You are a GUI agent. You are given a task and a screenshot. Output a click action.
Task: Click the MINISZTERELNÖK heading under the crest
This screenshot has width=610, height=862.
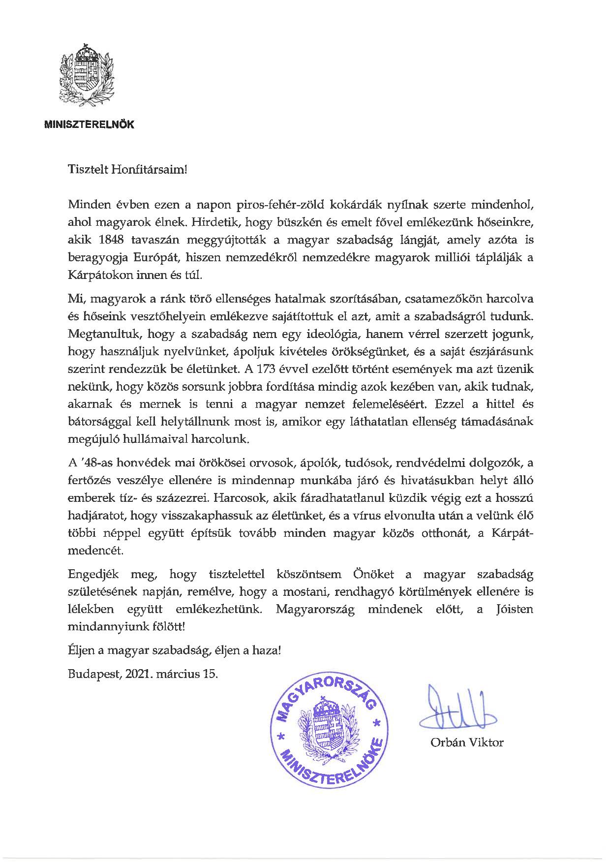[x=90, y=125]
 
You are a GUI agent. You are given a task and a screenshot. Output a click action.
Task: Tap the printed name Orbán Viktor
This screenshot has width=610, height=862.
[x=466, y=742]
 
